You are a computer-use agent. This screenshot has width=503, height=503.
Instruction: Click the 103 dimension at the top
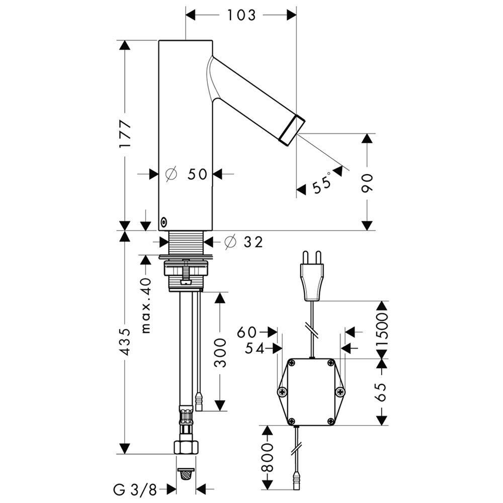click(x=241, y=16)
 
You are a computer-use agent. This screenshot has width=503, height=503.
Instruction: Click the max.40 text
click(x=146, y=305)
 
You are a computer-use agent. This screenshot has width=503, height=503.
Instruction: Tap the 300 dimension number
click(x=220, y=352)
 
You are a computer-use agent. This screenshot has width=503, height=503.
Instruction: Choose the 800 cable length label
click(x=267, y=457)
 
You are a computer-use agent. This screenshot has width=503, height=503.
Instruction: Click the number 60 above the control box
click(x=247, y=332)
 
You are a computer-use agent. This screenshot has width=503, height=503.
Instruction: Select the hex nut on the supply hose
click(x=186, y=446)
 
